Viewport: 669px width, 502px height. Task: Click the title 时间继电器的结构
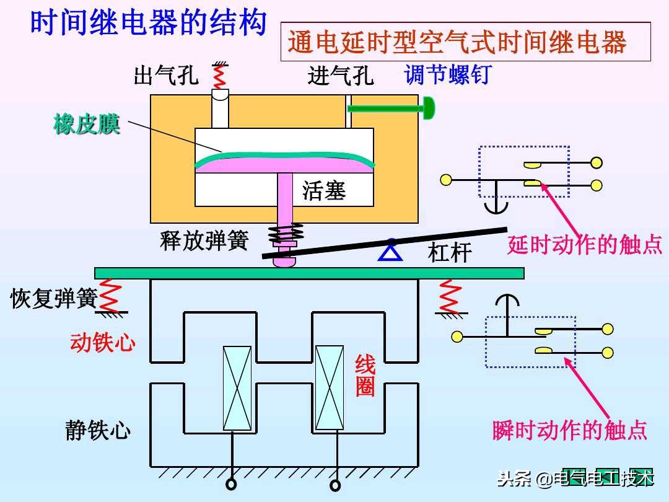click(x=149, y=24)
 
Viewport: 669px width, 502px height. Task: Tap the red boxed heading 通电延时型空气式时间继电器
click(x=457, y=43)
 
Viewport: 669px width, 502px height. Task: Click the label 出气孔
click(x=166, y=76)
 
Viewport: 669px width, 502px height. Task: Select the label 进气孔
click(x=340, y=76)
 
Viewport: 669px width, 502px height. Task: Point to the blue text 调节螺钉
click(x=447, y=75)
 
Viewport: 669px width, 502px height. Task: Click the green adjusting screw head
click(x=429, y=108)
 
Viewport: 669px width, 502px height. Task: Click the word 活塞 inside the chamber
click(x=324, y=190)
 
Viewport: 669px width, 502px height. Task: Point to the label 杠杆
click(x=450, y=253)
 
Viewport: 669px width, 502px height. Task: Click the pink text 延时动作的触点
click(x=585, y=245)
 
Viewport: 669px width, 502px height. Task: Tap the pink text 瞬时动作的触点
click(x=569, y=430)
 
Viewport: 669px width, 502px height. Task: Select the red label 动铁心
click(x=103, y=342)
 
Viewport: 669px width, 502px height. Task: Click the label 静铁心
click(x=98, y=430)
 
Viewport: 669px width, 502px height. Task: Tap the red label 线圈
click(x=365, y=376)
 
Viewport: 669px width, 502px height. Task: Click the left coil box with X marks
click(x=237, y=388)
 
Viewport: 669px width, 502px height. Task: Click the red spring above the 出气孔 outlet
click(x=219, y=75)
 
